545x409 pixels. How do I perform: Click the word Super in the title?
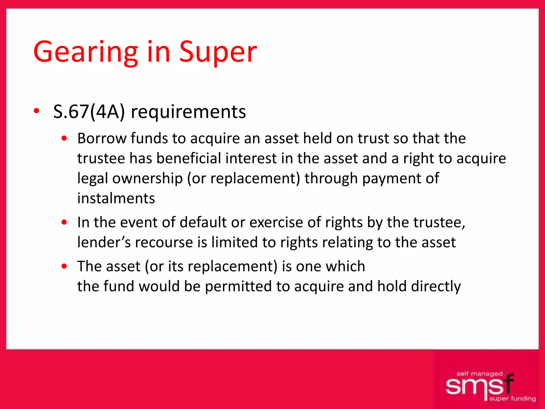click(218, 52)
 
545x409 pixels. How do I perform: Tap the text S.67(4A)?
click(89, 112)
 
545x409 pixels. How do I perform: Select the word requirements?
click(188, 112)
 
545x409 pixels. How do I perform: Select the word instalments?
click(116, 198)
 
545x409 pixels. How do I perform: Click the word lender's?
click(104, 242)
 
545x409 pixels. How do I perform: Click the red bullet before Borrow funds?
click(64, 138)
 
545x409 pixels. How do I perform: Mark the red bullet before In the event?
click(64, 222)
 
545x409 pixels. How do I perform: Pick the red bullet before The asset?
click(64, 266)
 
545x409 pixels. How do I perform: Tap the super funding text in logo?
click(513, 399)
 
